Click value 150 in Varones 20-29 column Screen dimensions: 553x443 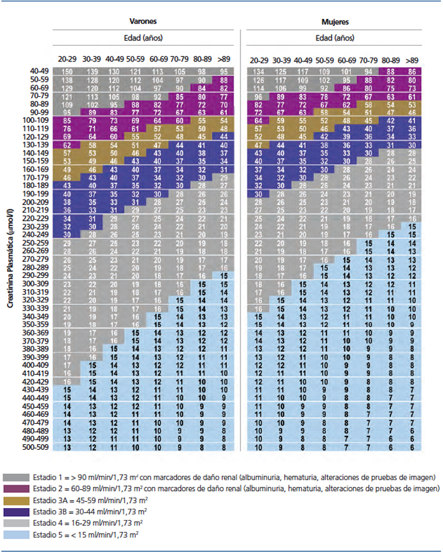pos(67,71)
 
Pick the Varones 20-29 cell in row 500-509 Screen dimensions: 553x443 pos(67,447)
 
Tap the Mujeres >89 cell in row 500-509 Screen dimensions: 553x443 pos(412,447)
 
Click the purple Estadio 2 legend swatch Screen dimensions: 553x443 pos(16,489)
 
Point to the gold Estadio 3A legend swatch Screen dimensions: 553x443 pos(16,500)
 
